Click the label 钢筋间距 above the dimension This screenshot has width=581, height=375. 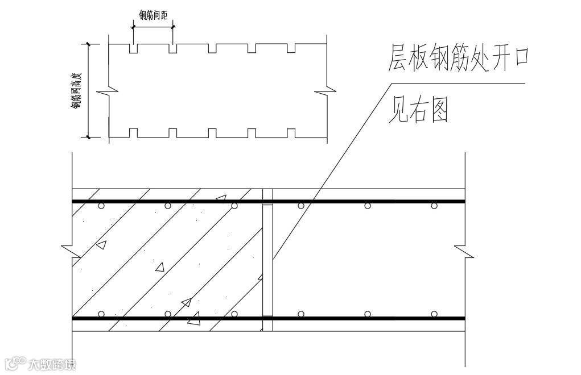click(153, 14)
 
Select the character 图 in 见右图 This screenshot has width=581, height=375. click(437, 110)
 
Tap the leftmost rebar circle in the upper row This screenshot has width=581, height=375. click(101, 206)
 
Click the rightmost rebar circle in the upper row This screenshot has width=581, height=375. click(434, 206)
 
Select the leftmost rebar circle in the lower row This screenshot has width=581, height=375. click(101, 314)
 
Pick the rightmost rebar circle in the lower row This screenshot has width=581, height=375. click(434, 314)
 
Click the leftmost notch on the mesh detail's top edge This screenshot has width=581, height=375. click(134, 49)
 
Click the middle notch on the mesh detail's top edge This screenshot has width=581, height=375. click(212, 49)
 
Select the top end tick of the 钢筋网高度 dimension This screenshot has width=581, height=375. click(89, 44)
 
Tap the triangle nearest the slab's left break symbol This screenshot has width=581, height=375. click(101, 245)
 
